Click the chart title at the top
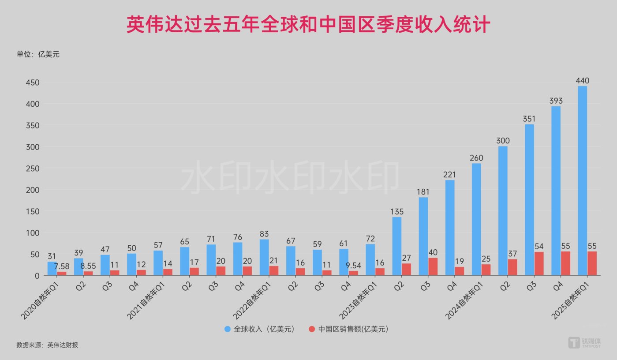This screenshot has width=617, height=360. tap(308, 25)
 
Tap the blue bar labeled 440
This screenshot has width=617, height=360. tap(582, 180)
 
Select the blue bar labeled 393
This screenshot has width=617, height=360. tap(556, 191)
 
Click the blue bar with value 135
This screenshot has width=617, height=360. tap(397, 246)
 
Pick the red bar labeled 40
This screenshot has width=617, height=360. tap(433, 266)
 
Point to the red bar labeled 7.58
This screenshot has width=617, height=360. tap(62, 274)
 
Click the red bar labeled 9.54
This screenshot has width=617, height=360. tap(353, 273)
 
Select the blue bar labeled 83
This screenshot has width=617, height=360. tap(264, 257)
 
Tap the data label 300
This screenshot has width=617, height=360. tap(503, 141)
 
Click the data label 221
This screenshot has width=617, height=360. tap(449, 175)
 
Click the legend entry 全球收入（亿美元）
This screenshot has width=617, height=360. tap(259, 329)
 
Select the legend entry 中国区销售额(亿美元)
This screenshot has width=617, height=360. tap(348, 329)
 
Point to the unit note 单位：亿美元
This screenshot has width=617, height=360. tap(38, 54)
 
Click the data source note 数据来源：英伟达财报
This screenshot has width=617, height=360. tap(47, 345)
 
